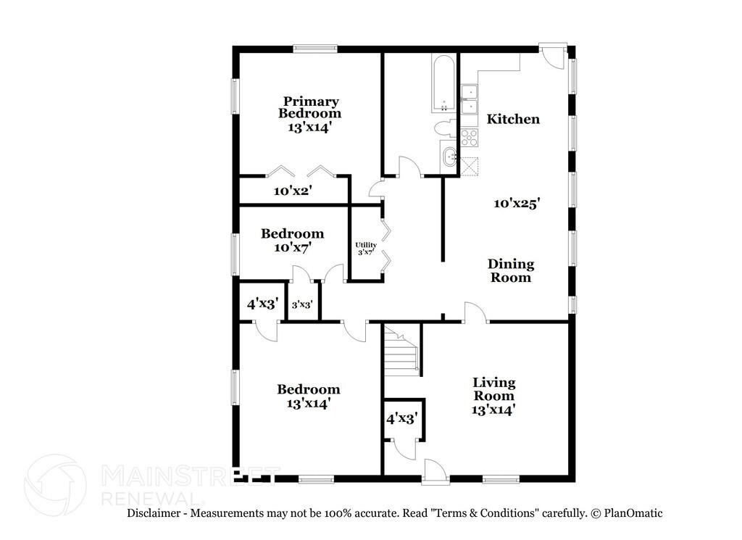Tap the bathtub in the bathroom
click(443, 84)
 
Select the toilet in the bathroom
click(446, 128)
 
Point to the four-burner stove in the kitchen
click(470, 137)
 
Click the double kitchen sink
click(470, 100)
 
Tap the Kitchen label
click(513, 119)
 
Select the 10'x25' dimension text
click(517, 204)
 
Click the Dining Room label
click(511, 270)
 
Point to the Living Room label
click(493, 396)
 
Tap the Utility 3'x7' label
click(366, 249)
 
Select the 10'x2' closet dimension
click(293, 191)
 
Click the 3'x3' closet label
click(302, 304)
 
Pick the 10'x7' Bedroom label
click(293, 240)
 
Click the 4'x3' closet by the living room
click(401, 419)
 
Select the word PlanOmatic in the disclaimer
click(633, 513)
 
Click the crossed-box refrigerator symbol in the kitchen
click(469, 166)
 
